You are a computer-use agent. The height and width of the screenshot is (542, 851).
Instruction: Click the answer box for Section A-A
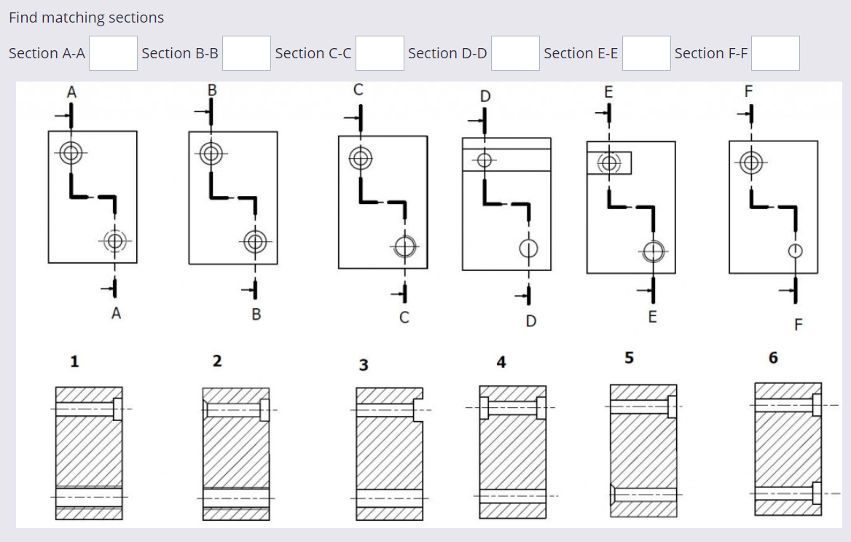[x=113, y=53]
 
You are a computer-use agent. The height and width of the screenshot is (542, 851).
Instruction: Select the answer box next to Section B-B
[x=246, y=53]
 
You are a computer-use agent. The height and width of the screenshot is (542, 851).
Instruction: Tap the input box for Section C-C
[x=380, y=53]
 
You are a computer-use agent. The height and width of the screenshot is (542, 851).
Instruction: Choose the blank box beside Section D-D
[x=515, y=53]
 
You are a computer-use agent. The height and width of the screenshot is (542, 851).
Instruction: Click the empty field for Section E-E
[x=646, y=53]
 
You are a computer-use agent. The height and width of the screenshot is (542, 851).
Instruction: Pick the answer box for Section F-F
[x=775, y=53]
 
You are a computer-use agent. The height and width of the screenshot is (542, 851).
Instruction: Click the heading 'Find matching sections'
[x=87, y=17]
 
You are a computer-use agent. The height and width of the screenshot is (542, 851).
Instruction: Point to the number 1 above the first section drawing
[x=74, y=361]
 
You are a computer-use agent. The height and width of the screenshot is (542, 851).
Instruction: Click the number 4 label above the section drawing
[x=501, y=362]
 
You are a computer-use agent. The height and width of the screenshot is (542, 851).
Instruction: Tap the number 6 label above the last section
[x=773, y=358]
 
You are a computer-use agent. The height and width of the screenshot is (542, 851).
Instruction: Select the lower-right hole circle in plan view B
[x=254, y=241]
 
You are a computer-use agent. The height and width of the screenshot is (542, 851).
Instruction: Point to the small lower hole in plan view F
[x=796, y=251]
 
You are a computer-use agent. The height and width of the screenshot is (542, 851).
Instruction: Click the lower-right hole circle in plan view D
[x=528, y=248]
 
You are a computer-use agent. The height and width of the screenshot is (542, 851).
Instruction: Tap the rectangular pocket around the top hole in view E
[x=609, y=163]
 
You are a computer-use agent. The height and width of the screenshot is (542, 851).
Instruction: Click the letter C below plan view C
[x=404, y=318]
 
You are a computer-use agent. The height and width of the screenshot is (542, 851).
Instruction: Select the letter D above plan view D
[x=485, y=96]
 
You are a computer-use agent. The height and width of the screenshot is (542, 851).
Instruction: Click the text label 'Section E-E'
[x=581, y=53]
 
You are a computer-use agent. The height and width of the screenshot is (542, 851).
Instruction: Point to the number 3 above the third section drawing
[x=363, y=365]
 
